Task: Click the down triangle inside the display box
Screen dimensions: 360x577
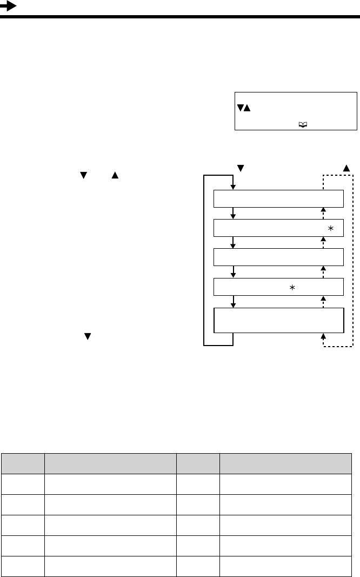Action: (x=239, y=109)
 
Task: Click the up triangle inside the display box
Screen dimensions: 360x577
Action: (x=246, y=109)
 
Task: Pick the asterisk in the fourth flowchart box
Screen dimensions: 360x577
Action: (x=292, y=288)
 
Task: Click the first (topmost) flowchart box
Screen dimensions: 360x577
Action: (x=279, y=199)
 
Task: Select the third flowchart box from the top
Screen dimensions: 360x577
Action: (x=279, y=257)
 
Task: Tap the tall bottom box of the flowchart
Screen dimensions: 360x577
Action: (x=279, y=321)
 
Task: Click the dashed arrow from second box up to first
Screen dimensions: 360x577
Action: (x=323, y=214)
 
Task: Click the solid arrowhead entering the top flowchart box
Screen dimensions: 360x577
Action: (x=234, y=187)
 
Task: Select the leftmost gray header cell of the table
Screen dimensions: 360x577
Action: (x=23, y=463)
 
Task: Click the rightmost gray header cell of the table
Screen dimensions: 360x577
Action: (x=286, y=463)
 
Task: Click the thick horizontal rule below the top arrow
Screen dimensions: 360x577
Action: (x=180, y=17)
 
